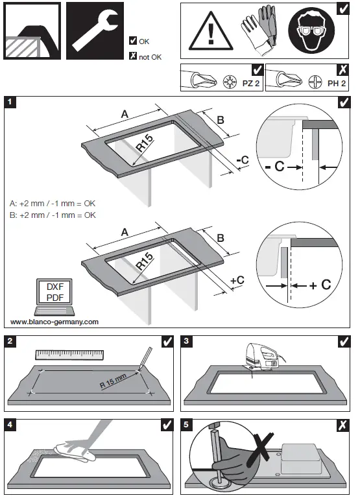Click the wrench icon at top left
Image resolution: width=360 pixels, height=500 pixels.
(x=95, y=31)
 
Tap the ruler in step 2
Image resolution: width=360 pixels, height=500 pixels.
(x=69, y=355)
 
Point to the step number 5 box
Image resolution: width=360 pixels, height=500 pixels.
(x=189, y=425)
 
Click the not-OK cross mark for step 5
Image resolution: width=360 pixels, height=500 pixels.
(x=342, y=425)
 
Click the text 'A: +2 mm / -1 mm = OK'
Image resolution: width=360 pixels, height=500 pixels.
(x=53, y=202)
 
